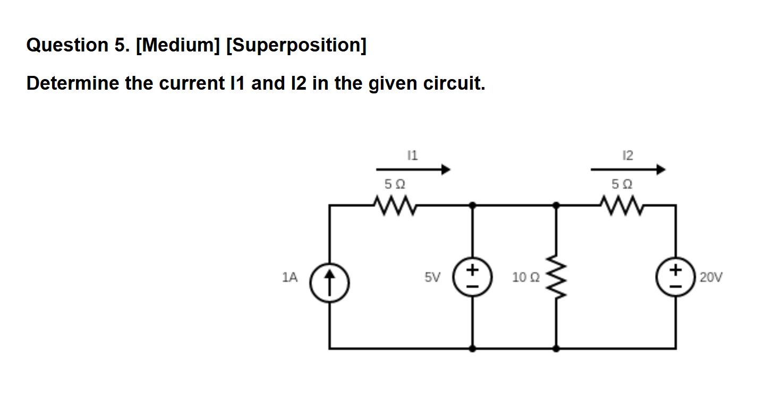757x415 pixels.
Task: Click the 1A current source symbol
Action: pyautogui.click(x=329, y=277)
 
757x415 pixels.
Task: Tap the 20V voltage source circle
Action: pyautogui.click(x=675, y=277)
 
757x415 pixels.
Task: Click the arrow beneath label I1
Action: pyautogui.click(x=413, y=170)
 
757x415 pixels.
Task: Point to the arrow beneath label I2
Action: pyautogui.click(x=628, y=170)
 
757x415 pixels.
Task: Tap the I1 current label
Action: pyautogui.click(x=412, y=155)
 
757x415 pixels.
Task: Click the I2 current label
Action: pyautogui.click(x=627, y=155)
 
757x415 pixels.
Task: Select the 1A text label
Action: pyautogui.click(x=290, y=277)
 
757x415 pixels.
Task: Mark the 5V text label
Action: pyautogui.click(x=432, y=277)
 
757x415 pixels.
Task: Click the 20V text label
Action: pyautogui.click(x=711, y=277)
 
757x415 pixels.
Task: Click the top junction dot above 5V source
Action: pyautogui.click(x=472, y=204)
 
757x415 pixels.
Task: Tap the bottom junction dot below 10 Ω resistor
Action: pyautogui.click(x=556, y=349)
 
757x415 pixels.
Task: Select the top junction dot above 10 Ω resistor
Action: pyautogui.click(x=556, y=204)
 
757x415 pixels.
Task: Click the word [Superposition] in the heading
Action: pyautogui.click(x=296, y=46)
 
